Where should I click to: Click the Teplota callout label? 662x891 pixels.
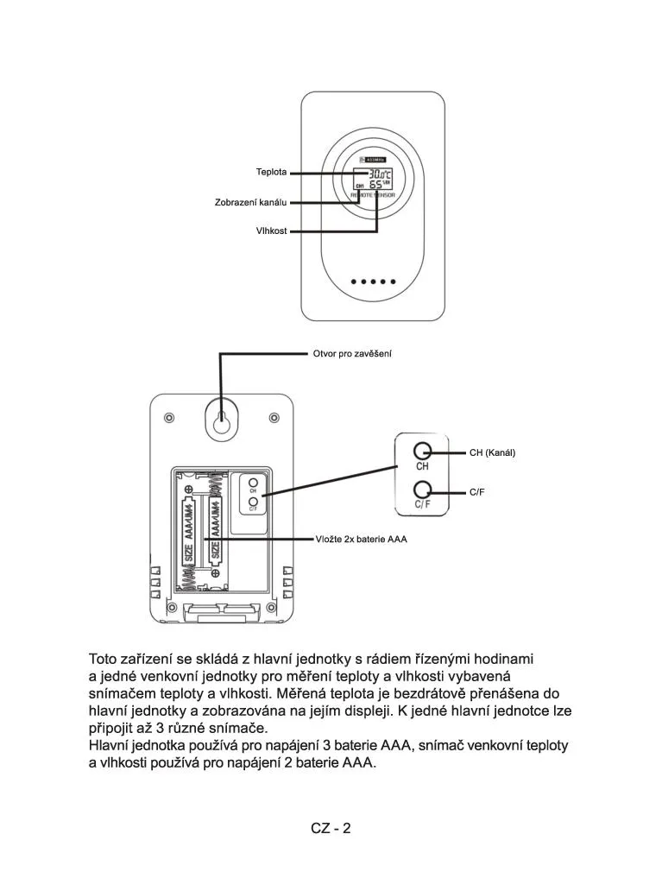pyautogui.click(x=271, y=172)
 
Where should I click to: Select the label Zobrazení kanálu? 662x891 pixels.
pyautogui.click(x=250, y=202)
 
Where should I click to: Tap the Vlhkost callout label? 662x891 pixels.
pyautogui.click(x=271, y=231)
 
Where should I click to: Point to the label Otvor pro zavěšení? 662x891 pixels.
pyautogui.click(x=352, y=354)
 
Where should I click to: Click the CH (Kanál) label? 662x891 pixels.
pyautogui.click(x=492, y=452)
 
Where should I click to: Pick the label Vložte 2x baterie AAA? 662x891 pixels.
pyautogui.click(x=360, y=539)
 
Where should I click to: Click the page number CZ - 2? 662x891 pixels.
pyautogui.click(x=331, y=828)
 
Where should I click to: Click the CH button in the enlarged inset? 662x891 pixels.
pyautogui.click(x=422, y=452)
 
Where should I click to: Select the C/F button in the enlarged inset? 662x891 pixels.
pyautogui.click(x=422, y=489)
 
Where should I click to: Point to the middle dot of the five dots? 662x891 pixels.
pyautogui.click(x=374, y=281)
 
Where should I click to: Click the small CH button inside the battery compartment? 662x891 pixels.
pyautogui.click(x=253, y=483)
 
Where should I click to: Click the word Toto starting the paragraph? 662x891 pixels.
pyautogui.click(x=104, y=660)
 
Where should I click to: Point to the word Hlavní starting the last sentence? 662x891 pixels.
pyautogui.click(x=111, y=745)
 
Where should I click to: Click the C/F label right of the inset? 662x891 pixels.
pyautogui.click(x=477, y=491)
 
